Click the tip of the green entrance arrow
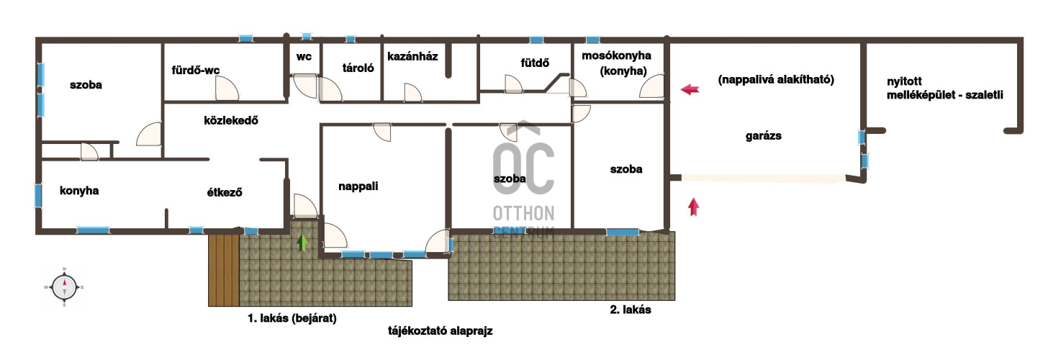pos(302,234)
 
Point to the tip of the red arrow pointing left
pos(681,89)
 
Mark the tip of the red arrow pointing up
pos(693,198)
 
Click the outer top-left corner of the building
pos(36,37)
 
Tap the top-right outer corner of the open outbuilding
pos(1024,37)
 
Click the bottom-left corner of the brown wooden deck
pos(209,306)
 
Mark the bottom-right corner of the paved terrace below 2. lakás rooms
pos(674,300)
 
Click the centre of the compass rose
pos(64,287)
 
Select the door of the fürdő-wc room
pos(227,88)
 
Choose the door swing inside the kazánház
pos(412,92)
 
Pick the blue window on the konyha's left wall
pos(38,195)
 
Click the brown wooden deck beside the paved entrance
pos(224,270)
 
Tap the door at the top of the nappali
pos(382,132)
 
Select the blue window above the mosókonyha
pos(593,40)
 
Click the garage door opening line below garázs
pos(763,178)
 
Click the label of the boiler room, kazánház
pos(412,57)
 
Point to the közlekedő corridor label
pos(231,120)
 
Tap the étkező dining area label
pos(225,192)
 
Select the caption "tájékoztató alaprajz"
pos(441,331)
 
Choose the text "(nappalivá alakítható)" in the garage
pos(776,80)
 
